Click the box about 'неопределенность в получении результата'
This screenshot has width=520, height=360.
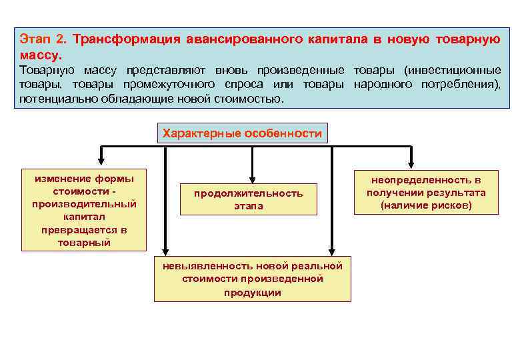click(x=425, y=192)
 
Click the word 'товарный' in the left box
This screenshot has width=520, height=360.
click(x=84, y=243)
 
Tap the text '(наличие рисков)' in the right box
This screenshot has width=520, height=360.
click(x=426, y=205)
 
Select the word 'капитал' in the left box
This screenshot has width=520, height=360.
click(x=84, y=217)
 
